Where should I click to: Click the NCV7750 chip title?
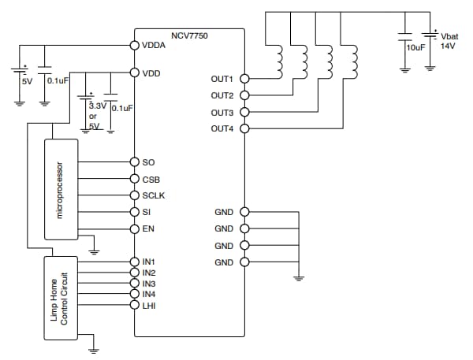[190, 36]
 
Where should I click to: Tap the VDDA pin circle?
[134, 46]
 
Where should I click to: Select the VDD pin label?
[151, 73]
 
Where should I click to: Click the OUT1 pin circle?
[244, 79]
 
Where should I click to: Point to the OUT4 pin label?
[222, 129]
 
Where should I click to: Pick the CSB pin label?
[151, 179]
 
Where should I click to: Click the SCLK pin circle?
[134, 195]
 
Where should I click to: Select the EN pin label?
[148, 228]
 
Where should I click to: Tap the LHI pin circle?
[134, 305]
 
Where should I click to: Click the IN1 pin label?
[149, 262]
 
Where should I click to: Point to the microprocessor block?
[61, 190]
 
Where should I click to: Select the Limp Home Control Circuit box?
[61, 297]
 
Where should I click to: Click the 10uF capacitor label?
[415, 48]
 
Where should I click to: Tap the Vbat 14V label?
[449, 42]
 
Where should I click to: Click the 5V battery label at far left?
[26, 80]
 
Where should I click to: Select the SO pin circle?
[134, 162]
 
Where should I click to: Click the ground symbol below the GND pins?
[300, 277]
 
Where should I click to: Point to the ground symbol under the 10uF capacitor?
[404, 69]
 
